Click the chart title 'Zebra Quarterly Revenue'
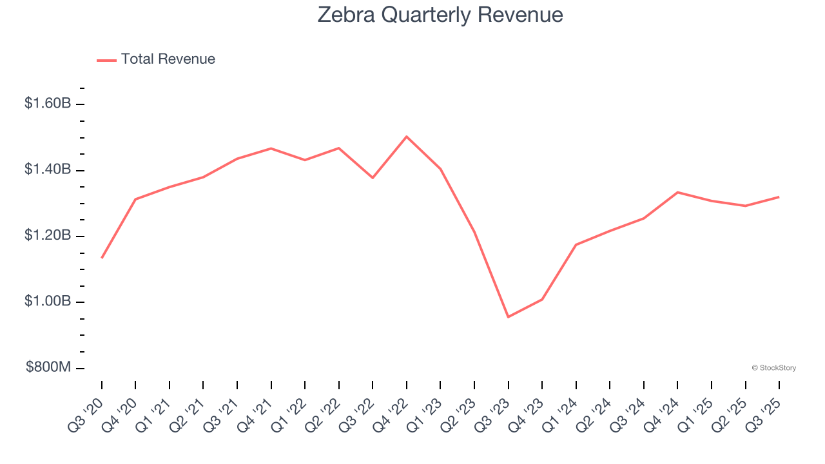[x=440, y=15]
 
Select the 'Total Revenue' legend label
[x=168, y=59]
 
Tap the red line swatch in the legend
[x=106, y=60]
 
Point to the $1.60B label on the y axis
[x=48, y=103]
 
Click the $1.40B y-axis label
[x=48, y=169]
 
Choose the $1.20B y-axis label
[x=48, y=236]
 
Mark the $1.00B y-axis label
[x=48, y=302]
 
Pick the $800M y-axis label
[x=48, y=367]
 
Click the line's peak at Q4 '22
[x=407, y=137]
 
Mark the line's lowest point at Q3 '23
[x=508, y=316]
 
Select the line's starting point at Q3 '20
[x=102, y=258]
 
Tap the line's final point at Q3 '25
[x=779, y=197]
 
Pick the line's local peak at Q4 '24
[x=677, y=192]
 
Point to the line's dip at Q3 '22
[x=373, y=177]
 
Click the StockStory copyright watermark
[x=773, y=368]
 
